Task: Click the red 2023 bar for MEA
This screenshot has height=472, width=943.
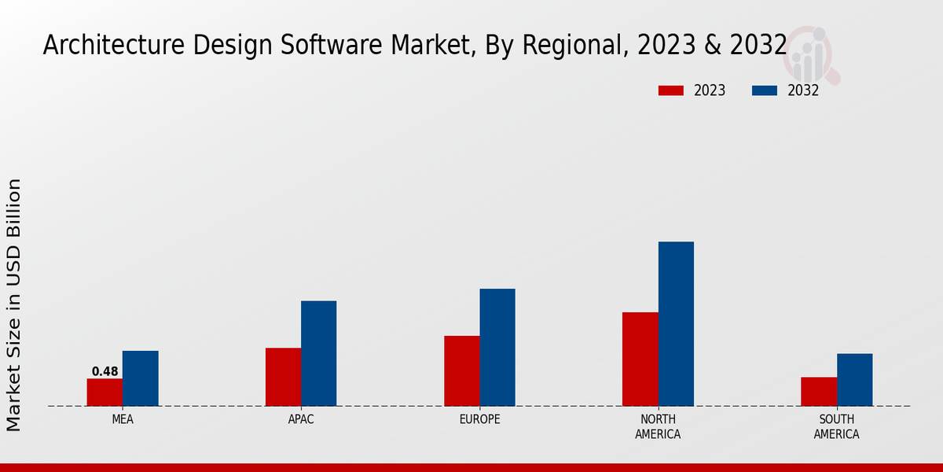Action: point(105,393)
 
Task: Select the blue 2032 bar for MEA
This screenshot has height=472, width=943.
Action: point(140,378)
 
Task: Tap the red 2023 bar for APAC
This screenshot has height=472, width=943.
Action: point(283,377)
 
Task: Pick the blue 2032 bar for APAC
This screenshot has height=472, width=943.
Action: point(318,353)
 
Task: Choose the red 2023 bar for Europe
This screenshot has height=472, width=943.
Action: point(461,371)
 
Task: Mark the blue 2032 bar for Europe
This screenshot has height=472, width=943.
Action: point(497,347)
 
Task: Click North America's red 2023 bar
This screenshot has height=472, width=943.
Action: point(640,359)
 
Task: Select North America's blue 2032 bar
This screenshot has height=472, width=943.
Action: point(676,323)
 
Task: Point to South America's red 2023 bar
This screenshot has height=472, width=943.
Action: point(819,392)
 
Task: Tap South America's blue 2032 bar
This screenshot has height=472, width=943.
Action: point(854,380)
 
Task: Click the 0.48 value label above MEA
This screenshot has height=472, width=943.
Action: point(105,371)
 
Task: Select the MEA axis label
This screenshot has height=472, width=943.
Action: point(123,419)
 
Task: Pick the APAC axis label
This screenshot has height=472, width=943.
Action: point(301,419)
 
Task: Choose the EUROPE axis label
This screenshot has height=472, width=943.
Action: point(479,419)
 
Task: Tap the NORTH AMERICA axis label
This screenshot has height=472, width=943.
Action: point(659,426)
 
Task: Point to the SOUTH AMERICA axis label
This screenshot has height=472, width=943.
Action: point(836,426)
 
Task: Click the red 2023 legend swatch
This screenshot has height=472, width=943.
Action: point(670,90)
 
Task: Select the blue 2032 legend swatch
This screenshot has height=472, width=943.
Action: point(764,90)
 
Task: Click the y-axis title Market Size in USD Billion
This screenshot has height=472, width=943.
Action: point(14,304)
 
